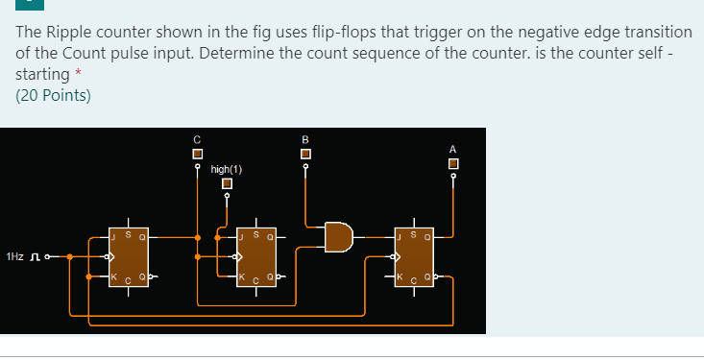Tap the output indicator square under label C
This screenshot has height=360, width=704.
tap(197, 154)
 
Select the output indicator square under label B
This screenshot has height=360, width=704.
tap(305, 154)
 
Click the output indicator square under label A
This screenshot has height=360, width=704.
tap(452, 163)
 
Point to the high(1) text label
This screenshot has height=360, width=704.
tap(227, 169)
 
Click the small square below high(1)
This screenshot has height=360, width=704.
tap(227, 183)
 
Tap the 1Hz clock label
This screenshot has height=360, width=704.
tap(15, 257)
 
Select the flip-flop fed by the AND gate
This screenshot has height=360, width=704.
tap(415, 255)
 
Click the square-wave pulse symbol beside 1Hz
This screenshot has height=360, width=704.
tap(36, 257)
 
